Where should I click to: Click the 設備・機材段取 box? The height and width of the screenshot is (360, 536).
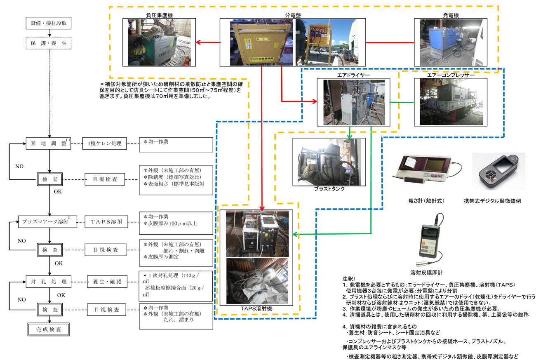(x=48, y=24)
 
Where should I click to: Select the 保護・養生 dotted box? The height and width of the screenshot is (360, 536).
(x=48, y=42)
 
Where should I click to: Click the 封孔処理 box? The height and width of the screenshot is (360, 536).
(x=48, y=282)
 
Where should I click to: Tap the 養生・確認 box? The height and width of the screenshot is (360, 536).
(x=105, y=282)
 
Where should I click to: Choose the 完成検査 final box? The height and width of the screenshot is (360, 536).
(x=48, y=329)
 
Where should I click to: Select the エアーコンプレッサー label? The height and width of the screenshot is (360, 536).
(x=451, y=75)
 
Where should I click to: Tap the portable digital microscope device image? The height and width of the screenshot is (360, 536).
(x=498, y=170)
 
